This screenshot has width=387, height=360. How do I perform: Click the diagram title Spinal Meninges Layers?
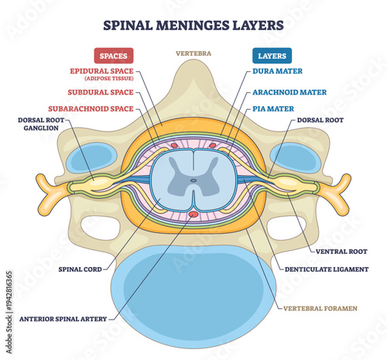[x=193, y=24]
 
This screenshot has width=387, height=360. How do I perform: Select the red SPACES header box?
[x=115, y=56]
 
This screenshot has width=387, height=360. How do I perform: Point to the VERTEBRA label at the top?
[x=193, y=54]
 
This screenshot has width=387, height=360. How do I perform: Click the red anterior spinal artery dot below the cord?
[x=193, y=214]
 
